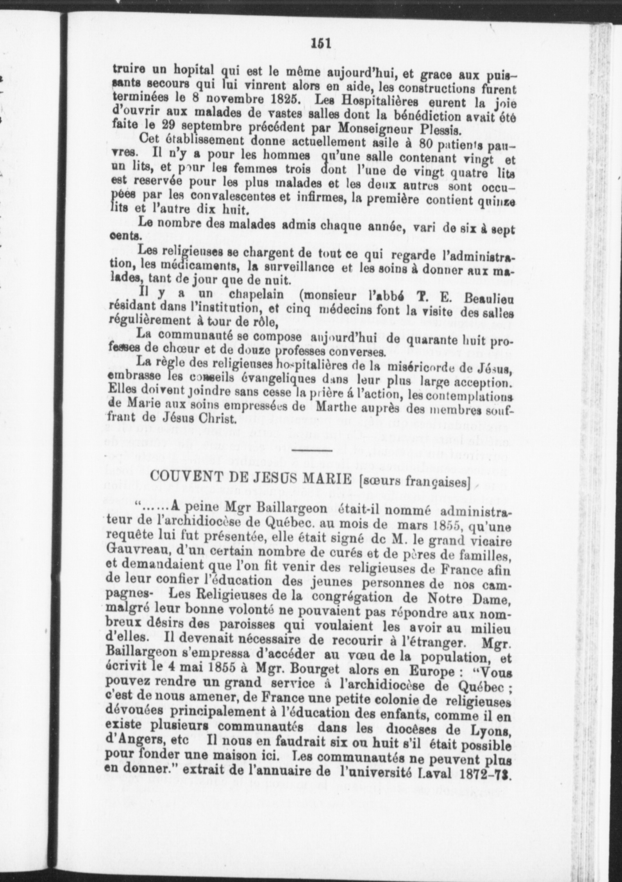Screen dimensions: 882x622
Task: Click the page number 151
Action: pyautogui.click(x=321, y=42)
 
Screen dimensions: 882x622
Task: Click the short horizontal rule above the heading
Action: pyautogui.click(x=312, y=451)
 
